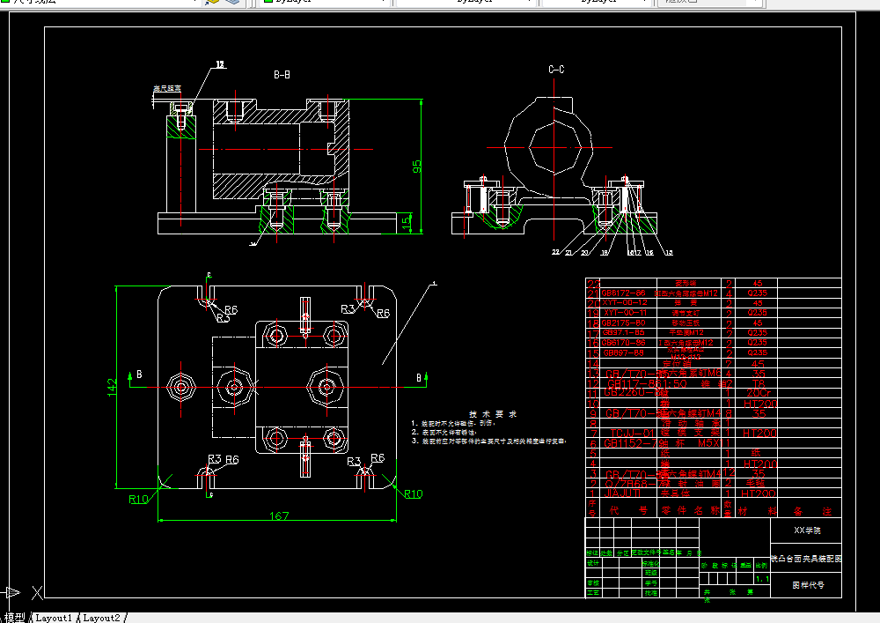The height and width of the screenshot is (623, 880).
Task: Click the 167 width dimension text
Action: [279, 515]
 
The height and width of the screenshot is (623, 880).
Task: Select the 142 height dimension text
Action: [112, 388]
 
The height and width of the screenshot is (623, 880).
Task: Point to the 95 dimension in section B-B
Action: [417, 165]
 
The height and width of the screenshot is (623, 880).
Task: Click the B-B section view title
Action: [282, 75]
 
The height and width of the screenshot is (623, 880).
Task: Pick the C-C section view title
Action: [556, 69]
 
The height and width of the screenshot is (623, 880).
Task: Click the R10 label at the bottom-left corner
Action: [138, 499]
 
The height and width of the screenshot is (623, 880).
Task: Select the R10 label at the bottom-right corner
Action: [413, 493]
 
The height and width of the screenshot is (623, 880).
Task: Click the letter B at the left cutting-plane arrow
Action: [139, 375]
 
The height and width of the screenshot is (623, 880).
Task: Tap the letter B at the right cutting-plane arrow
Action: [419, 378]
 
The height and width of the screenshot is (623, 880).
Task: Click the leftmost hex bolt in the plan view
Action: [180, 386]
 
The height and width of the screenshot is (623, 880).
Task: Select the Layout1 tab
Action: [54, 618]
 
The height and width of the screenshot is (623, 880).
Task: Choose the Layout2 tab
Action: [102, 618]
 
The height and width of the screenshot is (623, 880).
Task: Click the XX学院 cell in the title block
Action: [806, 530]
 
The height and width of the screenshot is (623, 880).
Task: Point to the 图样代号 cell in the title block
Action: [806, 584]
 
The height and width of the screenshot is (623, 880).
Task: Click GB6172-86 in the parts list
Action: [623, 293]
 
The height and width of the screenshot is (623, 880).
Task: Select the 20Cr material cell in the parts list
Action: [758, 392]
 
